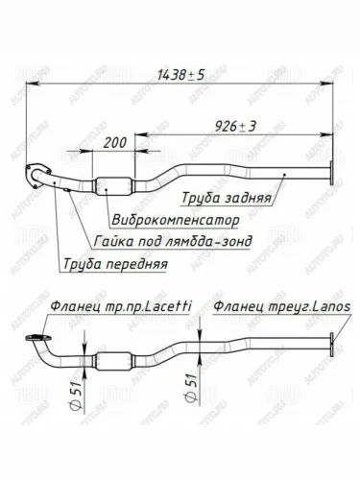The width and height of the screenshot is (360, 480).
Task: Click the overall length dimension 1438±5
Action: [180, 75]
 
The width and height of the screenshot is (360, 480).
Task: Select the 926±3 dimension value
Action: [235, 127]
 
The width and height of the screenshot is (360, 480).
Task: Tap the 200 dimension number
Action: [115, 143]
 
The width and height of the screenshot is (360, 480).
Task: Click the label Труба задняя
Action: [227, 198]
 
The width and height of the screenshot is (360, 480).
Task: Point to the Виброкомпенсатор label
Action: [176, 220]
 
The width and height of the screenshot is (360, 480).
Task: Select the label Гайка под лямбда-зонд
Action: [173, 241]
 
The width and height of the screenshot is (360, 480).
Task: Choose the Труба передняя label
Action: [115, 264]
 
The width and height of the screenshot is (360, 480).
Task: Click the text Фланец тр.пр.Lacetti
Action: [121, 307]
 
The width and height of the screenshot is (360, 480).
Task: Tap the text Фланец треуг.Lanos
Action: [281, 307]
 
